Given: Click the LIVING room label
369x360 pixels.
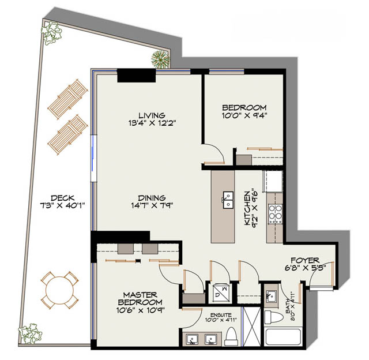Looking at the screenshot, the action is pos(152,115).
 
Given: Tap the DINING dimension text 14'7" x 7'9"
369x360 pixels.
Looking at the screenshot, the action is pos(152,205).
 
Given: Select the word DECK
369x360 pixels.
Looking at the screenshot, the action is pos(63,198).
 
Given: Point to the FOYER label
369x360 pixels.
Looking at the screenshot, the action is pos(305,260).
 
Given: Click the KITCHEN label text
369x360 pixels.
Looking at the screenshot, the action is pos(247,208).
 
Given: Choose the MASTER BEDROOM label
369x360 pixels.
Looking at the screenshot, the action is pos(140,298).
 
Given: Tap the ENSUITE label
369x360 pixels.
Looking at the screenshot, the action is pos(221,315).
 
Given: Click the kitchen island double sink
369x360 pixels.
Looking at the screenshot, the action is pos(228,200).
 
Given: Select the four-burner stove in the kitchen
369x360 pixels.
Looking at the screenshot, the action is pos(276,214).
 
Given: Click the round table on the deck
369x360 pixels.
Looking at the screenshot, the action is pos(59,290).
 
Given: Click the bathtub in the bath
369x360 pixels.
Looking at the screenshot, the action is pos(283,337).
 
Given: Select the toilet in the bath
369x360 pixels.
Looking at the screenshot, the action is pos(274,317).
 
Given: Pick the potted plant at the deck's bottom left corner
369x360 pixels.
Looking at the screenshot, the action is pos(31,334).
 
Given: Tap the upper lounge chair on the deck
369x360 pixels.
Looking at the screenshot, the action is pos(68,99).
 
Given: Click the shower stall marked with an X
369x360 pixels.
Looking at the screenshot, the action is pos(252,327).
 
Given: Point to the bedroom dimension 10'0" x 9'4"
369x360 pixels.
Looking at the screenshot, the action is pos(244,115).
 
